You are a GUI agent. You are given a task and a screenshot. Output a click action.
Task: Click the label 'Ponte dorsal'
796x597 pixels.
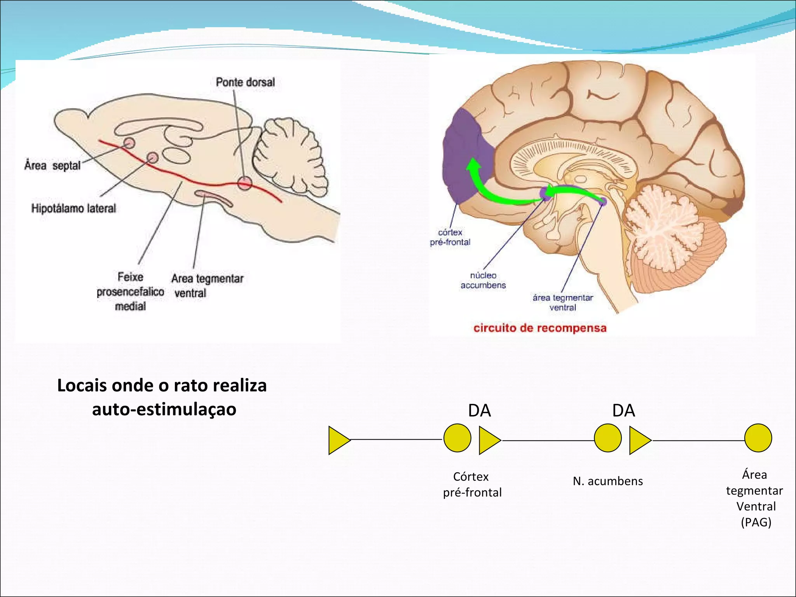pos(245,82)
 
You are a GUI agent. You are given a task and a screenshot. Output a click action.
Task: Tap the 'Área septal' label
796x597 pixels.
pos(52,166)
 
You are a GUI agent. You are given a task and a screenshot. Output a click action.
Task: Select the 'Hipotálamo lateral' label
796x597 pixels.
pos(74,209)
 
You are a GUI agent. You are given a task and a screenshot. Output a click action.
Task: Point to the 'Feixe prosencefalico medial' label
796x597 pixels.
pos(130,292)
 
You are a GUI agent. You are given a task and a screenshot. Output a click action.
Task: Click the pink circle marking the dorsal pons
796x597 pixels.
pos(244,183)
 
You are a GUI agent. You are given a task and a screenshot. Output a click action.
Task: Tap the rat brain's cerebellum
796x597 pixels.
pos(290,155)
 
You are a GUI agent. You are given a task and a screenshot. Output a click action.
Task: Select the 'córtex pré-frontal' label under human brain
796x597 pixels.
pos(450,237)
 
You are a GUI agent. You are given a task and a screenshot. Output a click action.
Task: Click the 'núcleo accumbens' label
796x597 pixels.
pos(483,280)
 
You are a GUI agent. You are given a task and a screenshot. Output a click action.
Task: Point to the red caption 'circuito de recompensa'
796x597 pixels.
pos(540,328)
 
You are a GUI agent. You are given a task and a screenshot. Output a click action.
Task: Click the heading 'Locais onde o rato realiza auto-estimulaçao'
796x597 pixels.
pos(162,397)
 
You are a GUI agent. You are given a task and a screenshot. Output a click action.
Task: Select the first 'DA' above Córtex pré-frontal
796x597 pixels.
pos(479,411)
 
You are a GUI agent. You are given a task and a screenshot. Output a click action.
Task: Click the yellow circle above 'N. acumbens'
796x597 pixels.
pos(608,438)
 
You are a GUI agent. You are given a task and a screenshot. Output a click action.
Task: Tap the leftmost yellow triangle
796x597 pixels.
pos(338,440)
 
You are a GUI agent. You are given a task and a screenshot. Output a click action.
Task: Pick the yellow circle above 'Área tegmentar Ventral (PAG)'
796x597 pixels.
pos(758,438)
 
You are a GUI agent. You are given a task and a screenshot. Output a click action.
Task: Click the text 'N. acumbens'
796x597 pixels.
pos(608,482)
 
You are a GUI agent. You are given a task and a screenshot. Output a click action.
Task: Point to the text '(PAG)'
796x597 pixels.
pos(756,522)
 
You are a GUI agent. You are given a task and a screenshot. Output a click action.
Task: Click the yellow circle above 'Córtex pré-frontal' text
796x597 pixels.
pos(457,438)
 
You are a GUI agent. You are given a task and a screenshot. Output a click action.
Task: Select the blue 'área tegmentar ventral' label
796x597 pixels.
pos(563,302)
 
